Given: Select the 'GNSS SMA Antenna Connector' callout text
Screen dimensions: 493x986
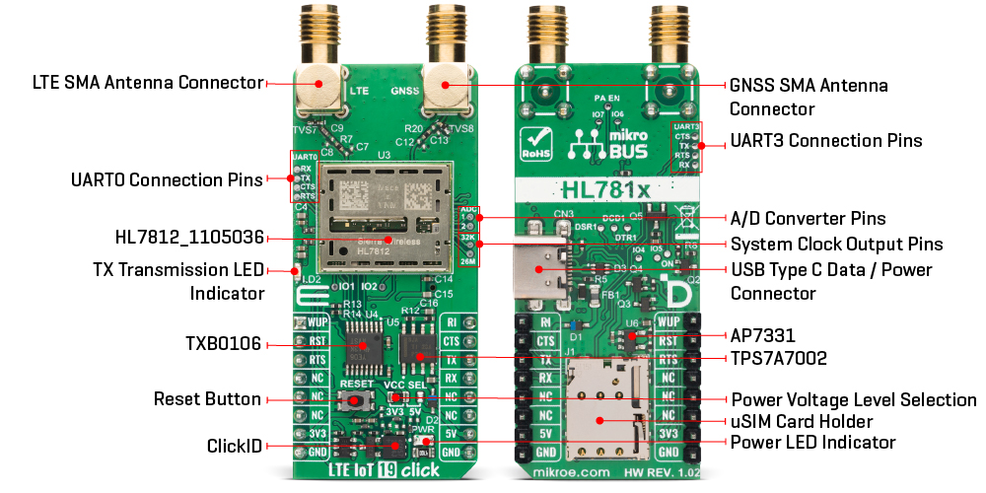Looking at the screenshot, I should (809, 97).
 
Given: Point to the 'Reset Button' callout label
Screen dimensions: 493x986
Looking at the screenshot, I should (207, 399).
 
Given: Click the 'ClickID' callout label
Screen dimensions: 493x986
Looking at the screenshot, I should (236, 446).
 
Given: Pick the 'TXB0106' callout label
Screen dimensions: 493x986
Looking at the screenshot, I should (222, 344).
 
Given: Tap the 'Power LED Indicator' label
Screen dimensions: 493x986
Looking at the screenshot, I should (812, 442).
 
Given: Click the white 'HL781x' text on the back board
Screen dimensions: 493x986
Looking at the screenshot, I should (602, 187).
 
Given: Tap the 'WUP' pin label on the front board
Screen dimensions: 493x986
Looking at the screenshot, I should (317, 322).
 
